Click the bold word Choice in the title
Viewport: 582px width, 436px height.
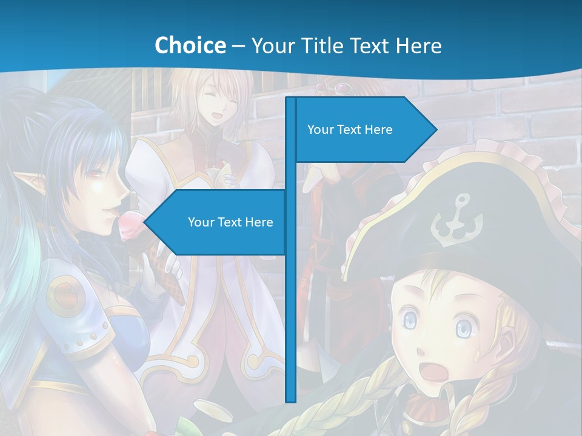tap(190, 45)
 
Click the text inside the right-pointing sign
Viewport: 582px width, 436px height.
tap(350, 130)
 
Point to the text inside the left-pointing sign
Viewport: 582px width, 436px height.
tap(230, 222)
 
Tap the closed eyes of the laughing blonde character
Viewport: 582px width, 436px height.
tap(221, 101)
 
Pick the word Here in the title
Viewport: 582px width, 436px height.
tap(419, 45)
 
